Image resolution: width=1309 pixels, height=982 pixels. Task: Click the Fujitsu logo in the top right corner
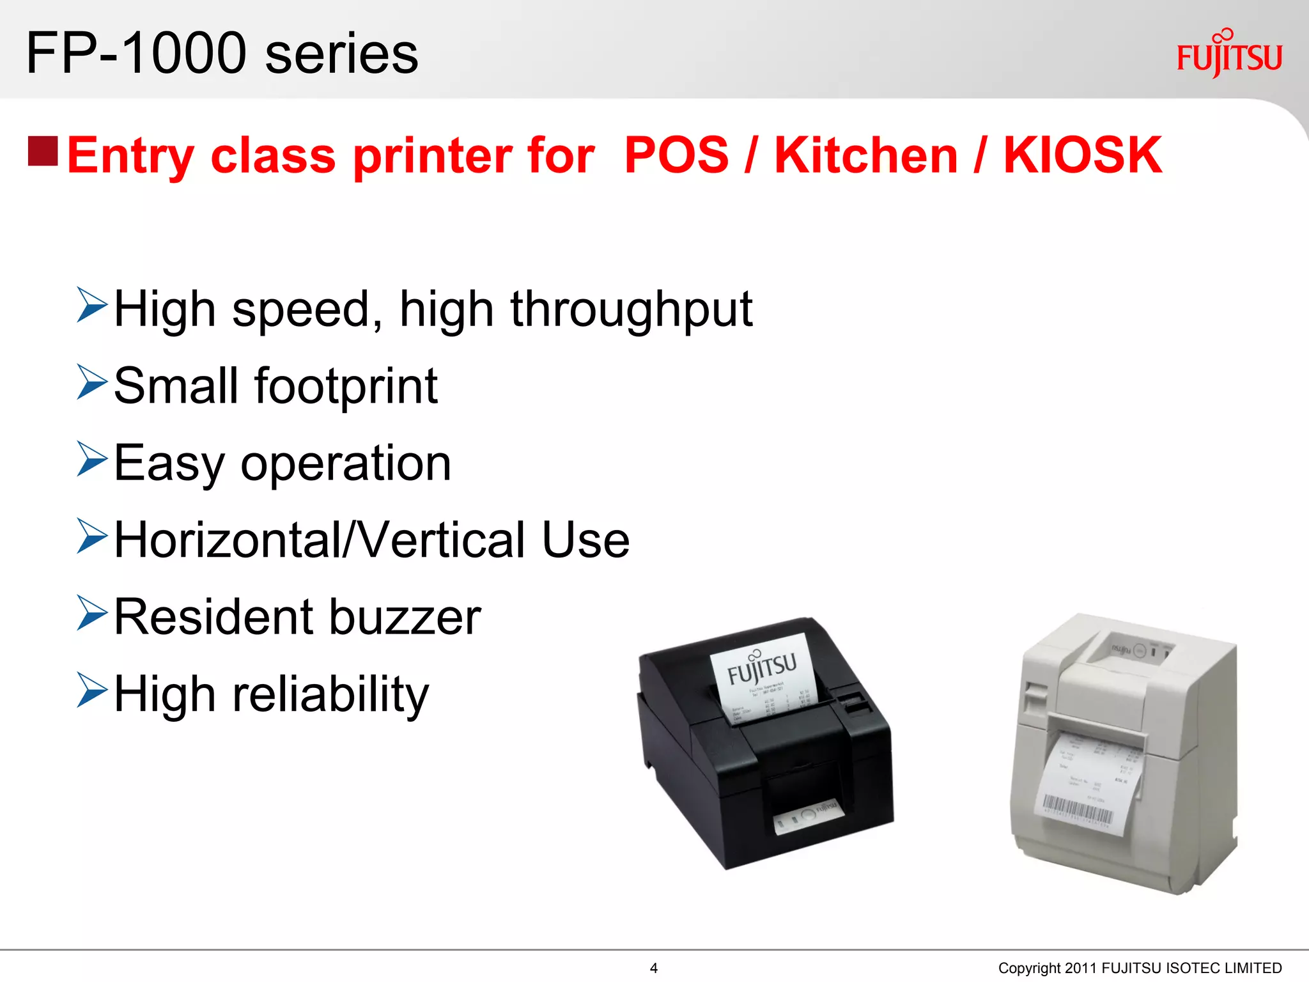click(1228, 55)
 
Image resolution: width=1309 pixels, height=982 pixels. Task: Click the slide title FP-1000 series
click(222, 54)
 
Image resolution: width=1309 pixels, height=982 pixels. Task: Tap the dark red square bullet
click(43, 151)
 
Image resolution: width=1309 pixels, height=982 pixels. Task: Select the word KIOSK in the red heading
click(1083, 155)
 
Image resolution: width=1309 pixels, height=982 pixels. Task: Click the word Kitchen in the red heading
click(866, 155)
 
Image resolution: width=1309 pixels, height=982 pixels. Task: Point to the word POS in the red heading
click(676, 155)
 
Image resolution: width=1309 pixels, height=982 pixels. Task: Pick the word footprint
click(346, 386)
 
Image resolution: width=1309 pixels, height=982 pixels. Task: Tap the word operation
click(346, 464)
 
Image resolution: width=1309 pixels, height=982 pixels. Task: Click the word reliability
click(330, 696)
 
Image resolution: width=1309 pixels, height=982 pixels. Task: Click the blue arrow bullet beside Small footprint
click(91, 382)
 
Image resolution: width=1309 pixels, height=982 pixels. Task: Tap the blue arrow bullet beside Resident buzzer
click(91, 613)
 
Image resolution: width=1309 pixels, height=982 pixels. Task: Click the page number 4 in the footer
click(653, 968)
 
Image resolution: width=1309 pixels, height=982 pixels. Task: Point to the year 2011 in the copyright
click(1081, 969)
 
